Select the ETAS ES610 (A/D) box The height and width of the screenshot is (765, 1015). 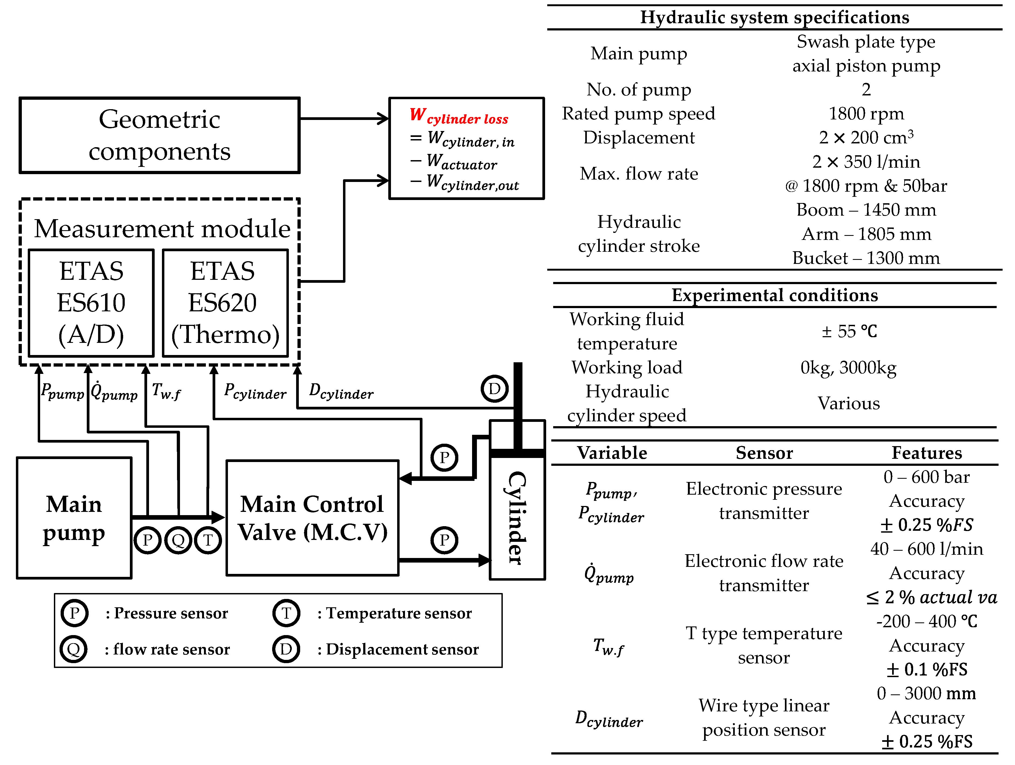click(x=91, y=303)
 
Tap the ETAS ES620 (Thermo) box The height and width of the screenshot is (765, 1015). click(x=225, y=303)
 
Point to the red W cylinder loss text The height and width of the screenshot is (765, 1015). click(x=459, y=116)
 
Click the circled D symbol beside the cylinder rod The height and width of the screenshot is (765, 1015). click(x=494, y=389)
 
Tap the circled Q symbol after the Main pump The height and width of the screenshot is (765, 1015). click(x=178, y=540)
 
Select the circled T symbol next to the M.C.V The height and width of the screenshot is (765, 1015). click(x=208, y=540)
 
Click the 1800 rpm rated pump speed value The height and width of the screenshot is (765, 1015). click(x=866, y=113)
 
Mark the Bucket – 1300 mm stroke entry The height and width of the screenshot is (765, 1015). click(x=866, y=258)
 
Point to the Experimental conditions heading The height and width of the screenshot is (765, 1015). click(x=775, y=295)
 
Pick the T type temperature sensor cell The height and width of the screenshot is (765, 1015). click(x=764, y=645)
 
